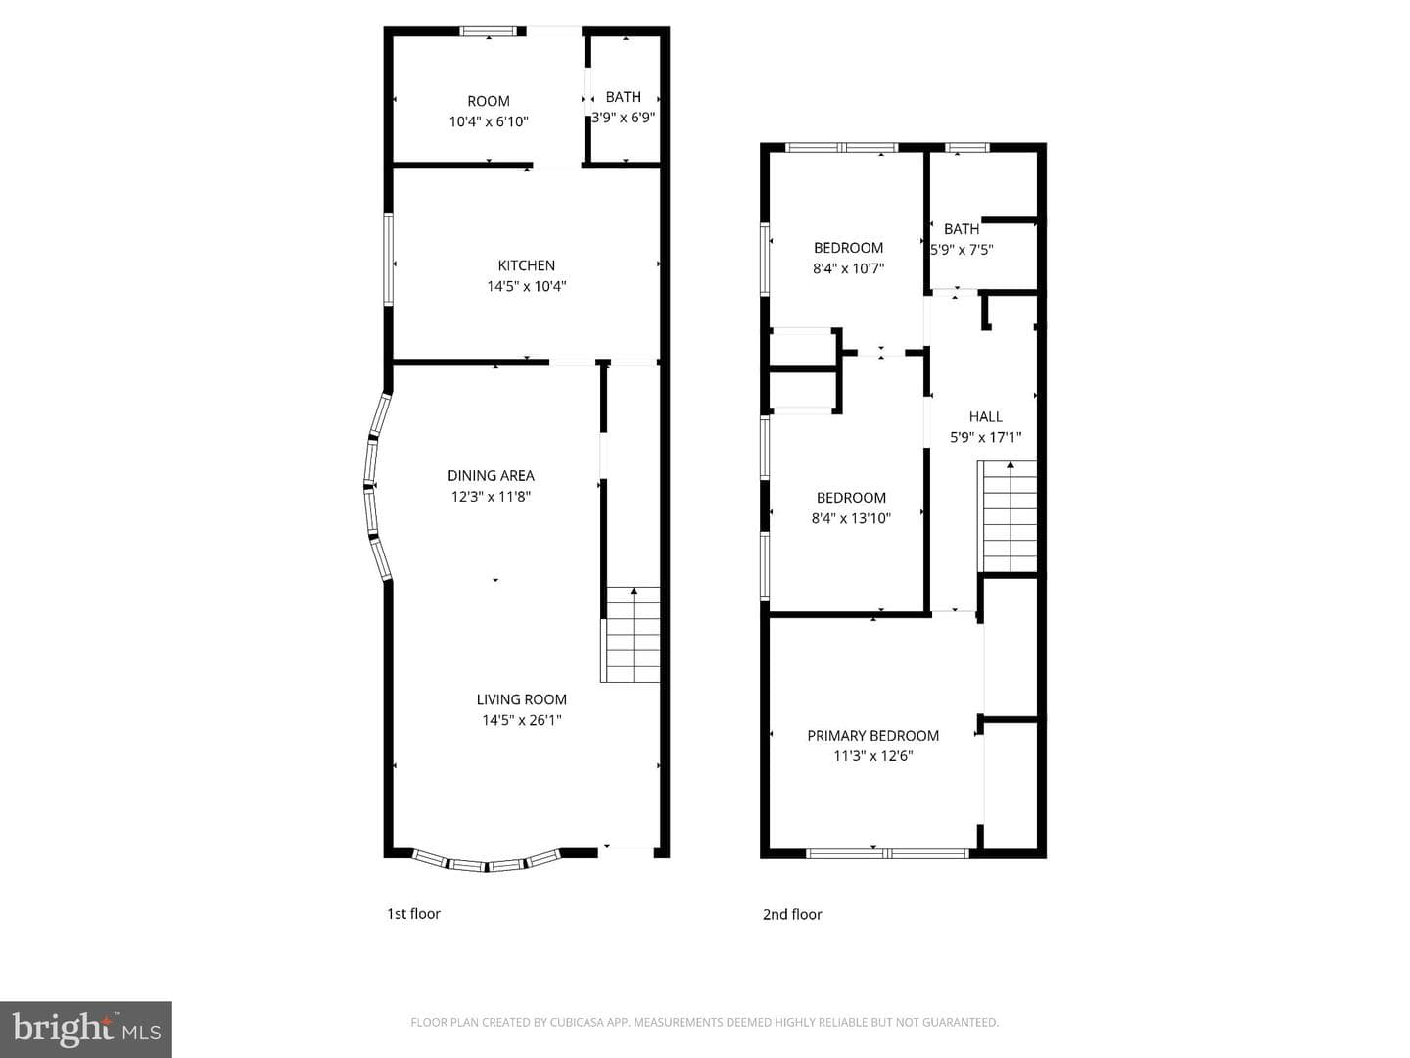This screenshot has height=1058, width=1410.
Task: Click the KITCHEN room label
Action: point(526,265)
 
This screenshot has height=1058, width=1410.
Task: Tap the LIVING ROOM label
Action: point(521,699)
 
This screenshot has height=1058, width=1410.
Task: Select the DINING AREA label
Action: point(491,475)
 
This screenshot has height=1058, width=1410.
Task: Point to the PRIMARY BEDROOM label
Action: point(873,736)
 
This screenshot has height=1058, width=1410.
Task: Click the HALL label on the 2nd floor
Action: point(985,417)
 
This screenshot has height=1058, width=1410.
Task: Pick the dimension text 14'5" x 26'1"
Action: point(522,720)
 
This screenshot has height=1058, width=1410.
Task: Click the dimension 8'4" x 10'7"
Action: point(849,268)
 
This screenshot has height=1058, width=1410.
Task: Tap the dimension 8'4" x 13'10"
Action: point(851,518)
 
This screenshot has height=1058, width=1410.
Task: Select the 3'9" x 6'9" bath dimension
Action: point(623,118)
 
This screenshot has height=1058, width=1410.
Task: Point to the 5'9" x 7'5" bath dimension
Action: point(962,250)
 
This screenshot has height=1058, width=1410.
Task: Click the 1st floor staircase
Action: point(631,634)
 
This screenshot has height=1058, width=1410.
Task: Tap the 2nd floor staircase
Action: point(1007,516)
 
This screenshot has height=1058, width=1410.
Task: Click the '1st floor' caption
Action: point(413,913)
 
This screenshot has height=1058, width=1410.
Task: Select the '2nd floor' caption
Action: point(792,914)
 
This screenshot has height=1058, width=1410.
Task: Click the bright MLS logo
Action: point(86,1030)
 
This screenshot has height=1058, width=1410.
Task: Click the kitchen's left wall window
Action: point(388,259)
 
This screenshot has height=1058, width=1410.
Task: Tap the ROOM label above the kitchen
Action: point(489,101)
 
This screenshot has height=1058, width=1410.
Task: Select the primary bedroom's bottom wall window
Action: point(887,853)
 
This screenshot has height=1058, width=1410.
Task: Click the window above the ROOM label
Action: point(489,30)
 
